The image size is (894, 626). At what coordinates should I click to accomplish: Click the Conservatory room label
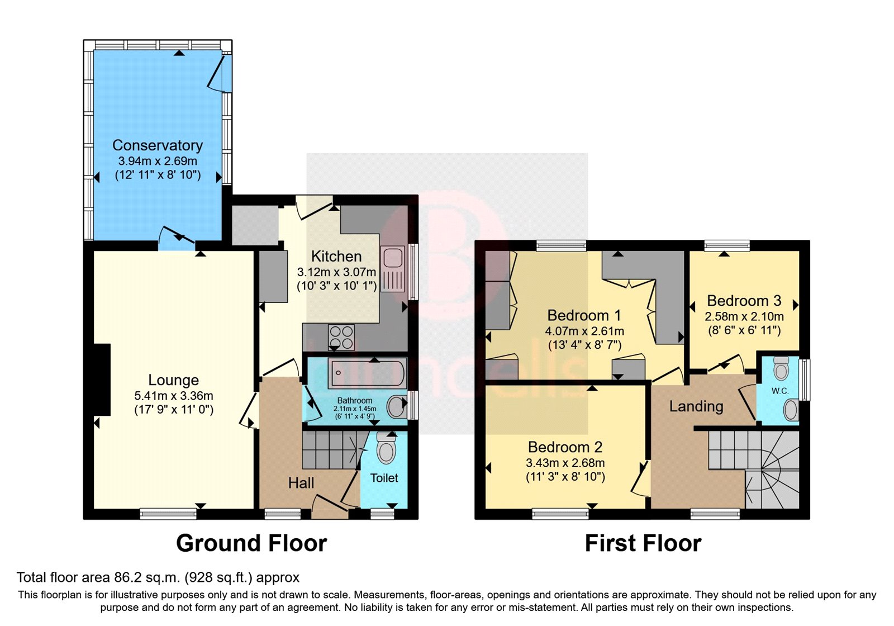158,145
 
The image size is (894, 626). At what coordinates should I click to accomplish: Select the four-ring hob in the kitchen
341,337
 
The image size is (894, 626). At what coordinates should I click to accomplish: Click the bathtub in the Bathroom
367,374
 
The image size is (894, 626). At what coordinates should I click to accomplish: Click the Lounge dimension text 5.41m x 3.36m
173,396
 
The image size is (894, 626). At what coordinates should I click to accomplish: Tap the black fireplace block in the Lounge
102,380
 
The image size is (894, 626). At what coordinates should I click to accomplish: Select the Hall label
301,483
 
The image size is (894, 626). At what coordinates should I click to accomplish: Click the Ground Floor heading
251,543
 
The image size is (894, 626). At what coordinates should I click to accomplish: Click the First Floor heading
643,543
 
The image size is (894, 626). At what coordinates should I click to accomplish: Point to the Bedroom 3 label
744,301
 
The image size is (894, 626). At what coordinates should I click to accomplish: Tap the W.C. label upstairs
780,391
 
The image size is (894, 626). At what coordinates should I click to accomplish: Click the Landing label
696,406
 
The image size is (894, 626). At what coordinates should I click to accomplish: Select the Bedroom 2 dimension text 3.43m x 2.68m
565,463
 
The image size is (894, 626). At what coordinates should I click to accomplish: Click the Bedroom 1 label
584,315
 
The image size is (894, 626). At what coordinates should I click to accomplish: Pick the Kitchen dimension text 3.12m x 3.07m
336,272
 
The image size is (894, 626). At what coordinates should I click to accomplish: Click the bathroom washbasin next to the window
397,406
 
